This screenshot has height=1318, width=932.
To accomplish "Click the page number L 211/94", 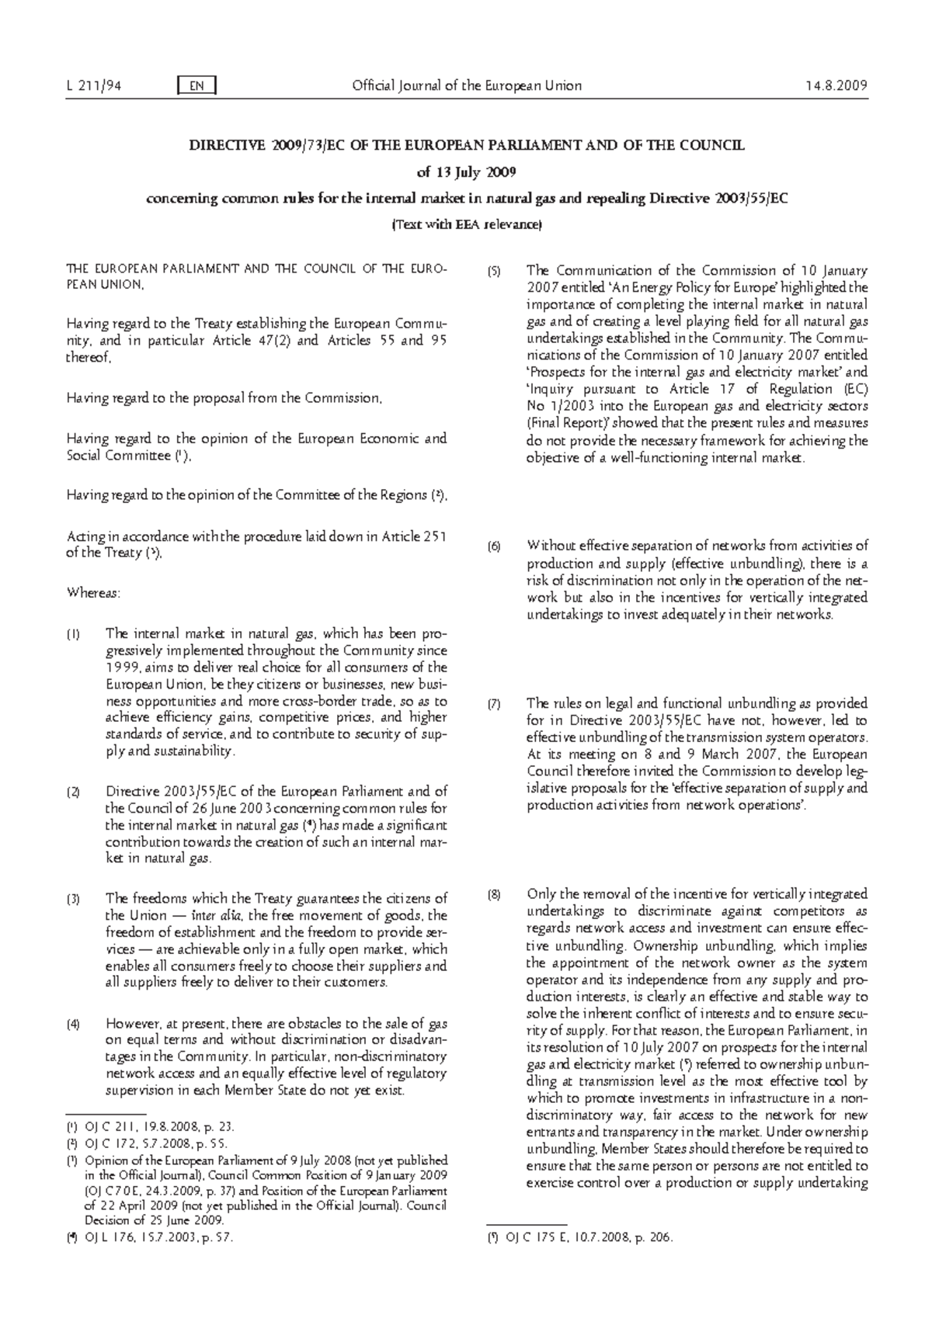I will point(92,86).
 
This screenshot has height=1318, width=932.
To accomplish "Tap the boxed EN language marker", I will point(196,86).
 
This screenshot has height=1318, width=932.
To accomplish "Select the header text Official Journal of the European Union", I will point(466,86).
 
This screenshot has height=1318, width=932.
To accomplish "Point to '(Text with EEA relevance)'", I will point(466,224).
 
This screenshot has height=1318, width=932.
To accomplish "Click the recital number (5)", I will point(494,272).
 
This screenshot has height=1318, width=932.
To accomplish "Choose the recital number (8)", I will point(494,895).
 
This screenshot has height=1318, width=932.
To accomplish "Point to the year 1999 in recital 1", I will point(122,668).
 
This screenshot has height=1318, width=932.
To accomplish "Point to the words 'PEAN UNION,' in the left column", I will point(105,285).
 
